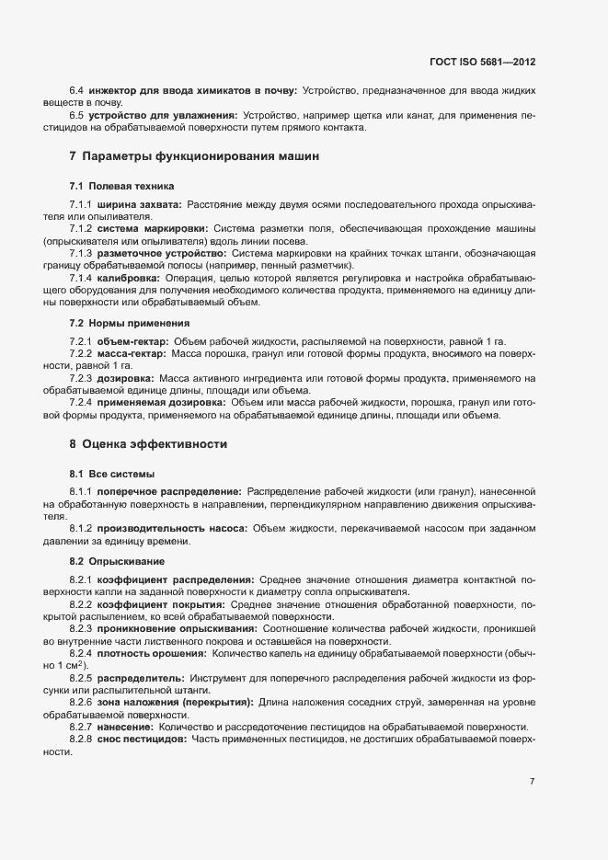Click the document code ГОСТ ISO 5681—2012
(x=482, y=63)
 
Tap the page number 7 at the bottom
(x=532, y=782)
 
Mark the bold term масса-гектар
(x=132, y=353)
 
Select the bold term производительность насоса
(x=173, y=528)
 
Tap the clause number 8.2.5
(x=82, y=676)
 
